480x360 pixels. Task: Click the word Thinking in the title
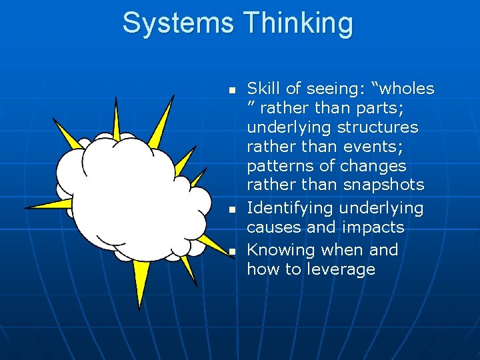(x=298, y=23)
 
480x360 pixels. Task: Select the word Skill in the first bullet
(x=263, y=89)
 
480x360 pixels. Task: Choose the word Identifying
(x=290, y=209)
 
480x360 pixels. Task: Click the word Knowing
(x=281, y=251)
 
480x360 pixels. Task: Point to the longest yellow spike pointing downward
(x=141, y=283)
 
